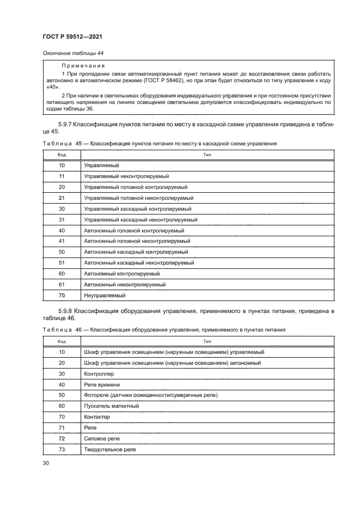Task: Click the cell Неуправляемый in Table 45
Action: pyautogui.click(x=105, y=296)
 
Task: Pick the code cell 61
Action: pyautogui.click(x=61, y=285)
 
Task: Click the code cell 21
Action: pyautogui.click(x=61, y=198)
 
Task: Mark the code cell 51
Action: pyautogui.click(x=61, y=263)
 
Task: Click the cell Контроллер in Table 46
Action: pyautogui.click(x=99, y=373)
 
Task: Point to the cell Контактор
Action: pyautogui.click(x=97, y=417)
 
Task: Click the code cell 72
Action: pyautogui.click(x=61, y=438)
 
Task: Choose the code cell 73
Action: pyautogui.click(x=61, y=450)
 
